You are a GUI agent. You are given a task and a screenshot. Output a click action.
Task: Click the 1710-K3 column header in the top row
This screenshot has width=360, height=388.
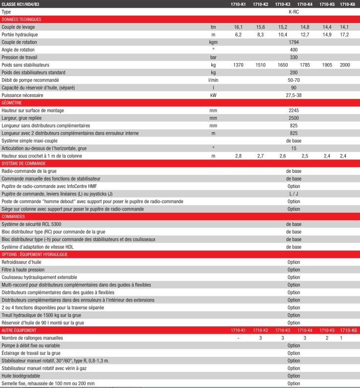[282, 4]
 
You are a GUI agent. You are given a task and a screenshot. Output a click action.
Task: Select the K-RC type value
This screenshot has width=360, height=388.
[293, 12]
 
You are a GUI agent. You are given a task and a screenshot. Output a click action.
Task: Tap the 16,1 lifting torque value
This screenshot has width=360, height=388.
[238, 27]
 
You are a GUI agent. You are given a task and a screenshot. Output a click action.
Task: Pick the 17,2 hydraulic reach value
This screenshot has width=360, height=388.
[345, 35]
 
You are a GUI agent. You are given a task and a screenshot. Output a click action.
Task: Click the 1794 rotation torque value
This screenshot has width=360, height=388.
[293, 42]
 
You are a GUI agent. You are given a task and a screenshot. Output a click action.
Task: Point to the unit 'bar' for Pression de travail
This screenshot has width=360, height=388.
[213, 57]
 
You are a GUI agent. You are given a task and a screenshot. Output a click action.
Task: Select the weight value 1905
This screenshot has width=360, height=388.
[327, 65]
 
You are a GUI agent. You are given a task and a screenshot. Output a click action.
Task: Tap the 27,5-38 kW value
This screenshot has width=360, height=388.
[293, 95]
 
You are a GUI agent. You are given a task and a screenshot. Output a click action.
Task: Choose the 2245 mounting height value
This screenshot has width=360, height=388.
[293, 111]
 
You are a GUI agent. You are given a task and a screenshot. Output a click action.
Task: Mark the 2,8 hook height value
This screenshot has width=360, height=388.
[238, 156]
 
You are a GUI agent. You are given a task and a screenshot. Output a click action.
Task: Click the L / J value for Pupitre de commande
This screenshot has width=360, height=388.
[293, 194]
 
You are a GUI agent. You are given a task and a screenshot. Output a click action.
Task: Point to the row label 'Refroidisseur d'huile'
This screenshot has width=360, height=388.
[22, 262]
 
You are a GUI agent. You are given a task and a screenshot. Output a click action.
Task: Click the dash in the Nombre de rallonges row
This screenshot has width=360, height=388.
[238, 338]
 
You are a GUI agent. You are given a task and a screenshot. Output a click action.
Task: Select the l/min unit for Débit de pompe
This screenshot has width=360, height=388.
[213, 80]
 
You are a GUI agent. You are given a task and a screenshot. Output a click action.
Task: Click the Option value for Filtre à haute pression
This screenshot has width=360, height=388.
[293, 270]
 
